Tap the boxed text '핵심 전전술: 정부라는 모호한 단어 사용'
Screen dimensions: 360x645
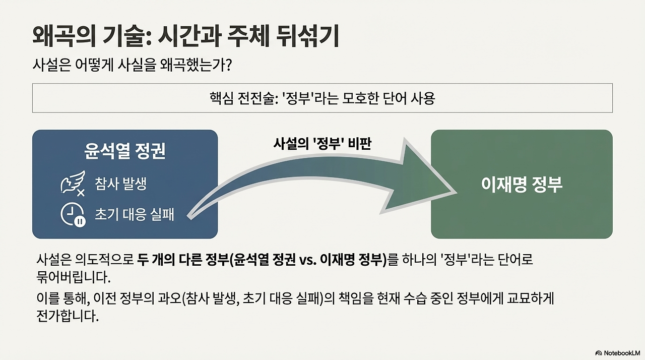point(322,98)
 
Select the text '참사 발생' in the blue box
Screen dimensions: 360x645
point(120,184)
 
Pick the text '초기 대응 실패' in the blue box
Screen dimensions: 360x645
point(134,214)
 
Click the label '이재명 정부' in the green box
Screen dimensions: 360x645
point(522,185)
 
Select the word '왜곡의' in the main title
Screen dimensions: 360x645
point(58,37)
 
